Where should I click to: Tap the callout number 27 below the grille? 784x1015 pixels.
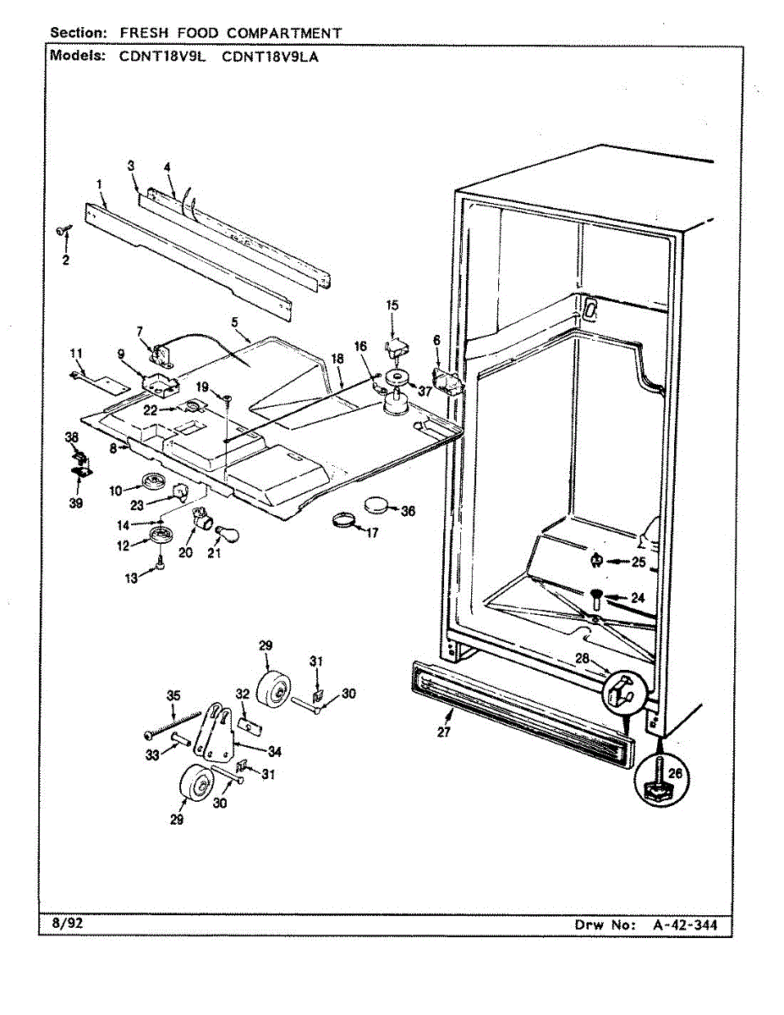tap(443, 732)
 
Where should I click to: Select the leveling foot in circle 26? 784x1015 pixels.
tap(655, 786)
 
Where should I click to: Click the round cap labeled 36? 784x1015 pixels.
tap(377, 507)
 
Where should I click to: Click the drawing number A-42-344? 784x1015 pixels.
tap(685, 925)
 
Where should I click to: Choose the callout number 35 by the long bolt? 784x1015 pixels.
tap(173, 695)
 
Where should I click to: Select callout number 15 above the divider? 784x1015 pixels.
tap(392, 304)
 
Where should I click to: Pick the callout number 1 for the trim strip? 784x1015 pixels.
tap(100, 184)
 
